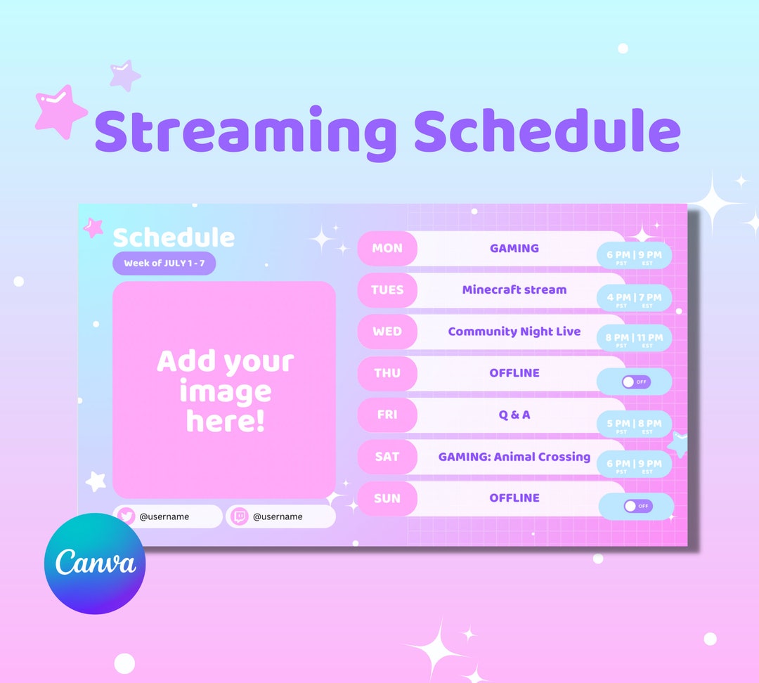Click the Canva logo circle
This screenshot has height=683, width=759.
pyautogui.click(x=95, y=564)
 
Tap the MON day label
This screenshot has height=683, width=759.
pyautogui.click(x=387, y=248)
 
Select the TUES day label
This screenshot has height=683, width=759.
pyautogui.click(x=387, y=290)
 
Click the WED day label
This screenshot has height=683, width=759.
pyautogui.click(x=387, y=332)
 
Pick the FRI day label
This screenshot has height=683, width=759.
pyautogui.click(x=387, y=415)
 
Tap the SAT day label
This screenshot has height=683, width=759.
pyautogui.click(x=387, y=457)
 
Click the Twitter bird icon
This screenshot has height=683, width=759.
pyautogui.click(x=126, y=516)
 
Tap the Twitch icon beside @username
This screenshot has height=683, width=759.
pyautogui.click(x=240, y=516)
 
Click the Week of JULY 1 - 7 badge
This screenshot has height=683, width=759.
pyautogui.click(x=164, y=264)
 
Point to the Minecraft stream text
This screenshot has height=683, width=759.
pyautogui.click(x=514, y=290)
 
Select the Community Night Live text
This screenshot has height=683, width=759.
pyautogui.click(x=514, y=332)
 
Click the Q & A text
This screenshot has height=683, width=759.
pyautogui.click(x=514, y=415)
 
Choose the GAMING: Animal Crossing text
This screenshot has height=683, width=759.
pyautogui.click(x=514, y=457)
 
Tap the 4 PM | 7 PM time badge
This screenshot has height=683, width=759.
pyautogui.click(x=634, y=299)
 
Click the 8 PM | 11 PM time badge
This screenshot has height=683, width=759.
pyautogui.click(x=634, y=339)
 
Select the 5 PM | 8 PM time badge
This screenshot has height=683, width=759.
pyautogui.click(x=634, y=424)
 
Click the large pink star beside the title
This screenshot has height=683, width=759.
pyautogui.click(x=60, y=112)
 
